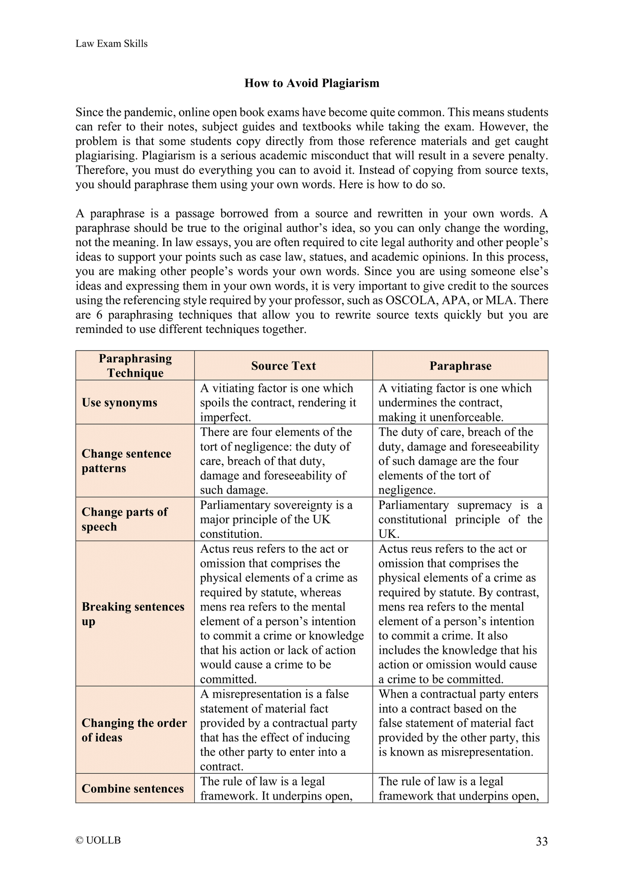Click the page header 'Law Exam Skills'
[111, 44]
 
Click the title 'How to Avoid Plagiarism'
[312, 83]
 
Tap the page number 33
[542, 841]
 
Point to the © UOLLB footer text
[98, 840]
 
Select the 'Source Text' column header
[283, 366]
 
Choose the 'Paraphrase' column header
[460, 366]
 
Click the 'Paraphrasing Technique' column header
[135, 366]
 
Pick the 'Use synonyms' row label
[119, 402]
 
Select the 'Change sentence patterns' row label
[126, 461]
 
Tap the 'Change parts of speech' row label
[124, 519]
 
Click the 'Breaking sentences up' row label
[133, 614]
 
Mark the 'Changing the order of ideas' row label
[134, 730]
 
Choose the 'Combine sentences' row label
[133, 788]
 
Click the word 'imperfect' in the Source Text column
[225, 417]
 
